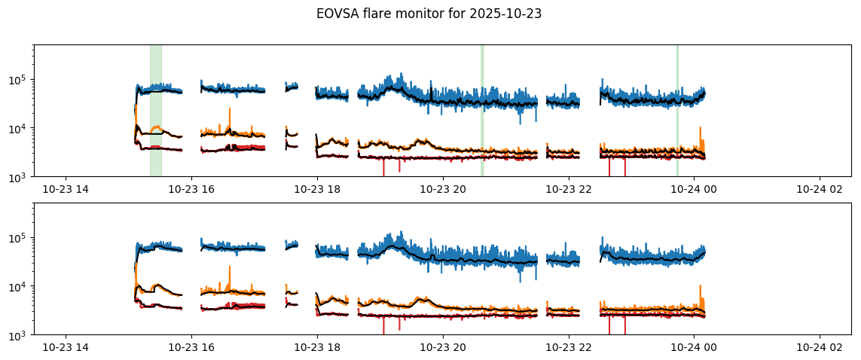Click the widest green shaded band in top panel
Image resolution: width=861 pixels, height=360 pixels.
point(155,110)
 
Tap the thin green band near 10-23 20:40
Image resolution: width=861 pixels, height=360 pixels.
point(482,110)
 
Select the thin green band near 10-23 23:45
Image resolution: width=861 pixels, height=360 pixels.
point(677,110)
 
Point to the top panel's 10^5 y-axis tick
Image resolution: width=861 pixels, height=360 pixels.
point(21,80)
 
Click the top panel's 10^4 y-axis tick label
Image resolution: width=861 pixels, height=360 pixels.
point(21,129)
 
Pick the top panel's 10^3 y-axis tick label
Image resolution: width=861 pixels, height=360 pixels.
point(21,177)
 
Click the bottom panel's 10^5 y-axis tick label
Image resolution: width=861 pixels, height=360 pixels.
point(21,238)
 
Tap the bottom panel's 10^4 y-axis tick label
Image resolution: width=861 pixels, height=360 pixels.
point(21,287)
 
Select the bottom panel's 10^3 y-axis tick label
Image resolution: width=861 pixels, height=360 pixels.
point(21,335)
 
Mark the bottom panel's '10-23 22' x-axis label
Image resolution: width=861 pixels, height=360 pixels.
point(567,348)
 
